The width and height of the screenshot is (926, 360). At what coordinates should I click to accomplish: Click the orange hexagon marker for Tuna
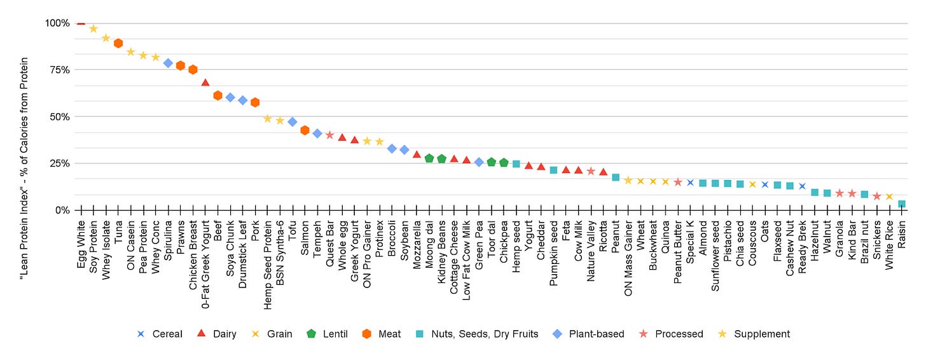(118, 43)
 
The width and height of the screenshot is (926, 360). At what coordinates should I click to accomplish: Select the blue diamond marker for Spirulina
(168, 63)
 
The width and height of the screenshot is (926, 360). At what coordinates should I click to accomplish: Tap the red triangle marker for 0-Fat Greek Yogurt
(205, 83)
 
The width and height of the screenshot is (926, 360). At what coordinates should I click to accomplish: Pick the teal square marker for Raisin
(902, 204)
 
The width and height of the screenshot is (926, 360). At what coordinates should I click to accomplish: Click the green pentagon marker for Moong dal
(429, 158)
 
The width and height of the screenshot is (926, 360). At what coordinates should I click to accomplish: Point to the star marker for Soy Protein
(93, 29)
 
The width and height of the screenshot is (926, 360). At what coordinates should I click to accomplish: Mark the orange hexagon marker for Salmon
(305, 130)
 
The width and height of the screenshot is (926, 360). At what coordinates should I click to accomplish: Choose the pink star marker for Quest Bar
(329, 135)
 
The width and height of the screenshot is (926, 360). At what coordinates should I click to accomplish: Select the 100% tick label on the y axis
(57, 24)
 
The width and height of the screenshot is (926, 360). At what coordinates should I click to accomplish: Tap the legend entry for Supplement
(761, 334)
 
